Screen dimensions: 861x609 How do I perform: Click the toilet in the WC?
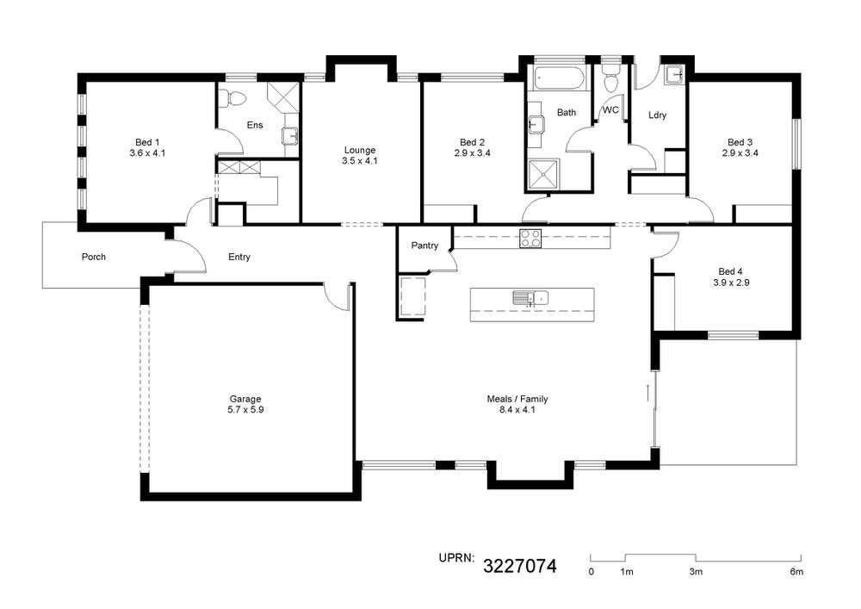click(x=610, y=79)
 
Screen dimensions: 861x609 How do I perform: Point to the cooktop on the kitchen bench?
click(x=530, y=239)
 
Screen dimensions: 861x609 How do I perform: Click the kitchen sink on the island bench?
click(x=530, y=298)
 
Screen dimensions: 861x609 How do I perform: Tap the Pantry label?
click(x=424, y=245)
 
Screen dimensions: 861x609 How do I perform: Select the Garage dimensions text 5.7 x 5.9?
click(x=245, y=410)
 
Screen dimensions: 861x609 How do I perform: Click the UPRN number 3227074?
click(x=519, y=566)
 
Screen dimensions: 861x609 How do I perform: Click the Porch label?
click(x=94, y=257)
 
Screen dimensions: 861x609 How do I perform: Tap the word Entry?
click(x=239, y=257)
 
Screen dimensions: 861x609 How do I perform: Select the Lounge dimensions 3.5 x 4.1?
click(x=360, y=161)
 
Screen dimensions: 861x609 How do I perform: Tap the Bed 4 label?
click(x=730, y=272)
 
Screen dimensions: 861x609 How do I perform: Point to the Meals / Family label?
click(x=517, y=399)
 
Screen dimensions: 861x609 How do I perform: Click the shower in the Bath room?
click(x=543, y=175)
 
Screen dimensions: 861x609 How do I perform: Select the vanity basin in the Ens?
click(x=290, y=135)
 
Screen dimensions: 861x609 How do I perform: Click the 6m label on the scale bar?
click(x=796, y=572)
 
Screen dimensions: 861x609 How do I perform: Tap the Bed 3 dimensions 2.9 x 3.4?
click(x=740, y=153)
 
